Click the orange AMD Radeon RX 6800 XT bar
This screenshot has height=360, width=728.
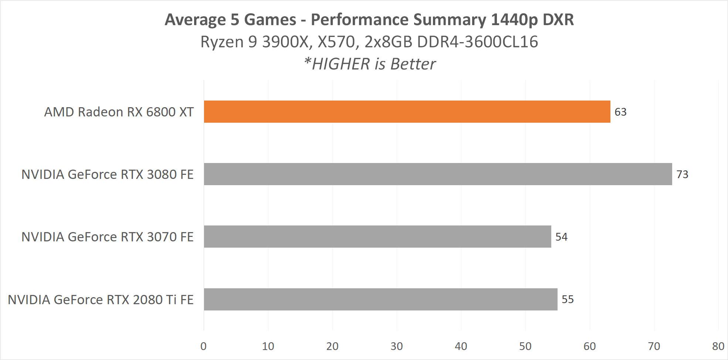[407, 112]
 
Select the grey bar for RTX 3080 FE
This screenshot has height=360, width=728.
[438, 174]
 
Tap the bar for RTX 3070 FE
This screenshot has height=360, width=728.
[377, 237]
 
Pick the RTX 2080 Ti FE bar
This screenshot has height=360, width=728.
[380, 299]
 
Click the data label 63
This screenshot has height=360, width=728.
[620, 112]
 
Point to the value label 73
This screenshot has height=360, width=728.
[682, 174]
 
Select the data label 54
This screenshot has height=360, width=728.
[561, 237]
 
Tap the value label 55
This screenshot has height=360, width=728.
[568, 299]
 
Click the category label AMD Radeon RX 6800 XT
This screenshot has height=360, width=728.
[119, 112]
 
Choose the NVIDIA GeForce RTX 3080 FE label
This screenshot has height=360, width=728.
[107, 174]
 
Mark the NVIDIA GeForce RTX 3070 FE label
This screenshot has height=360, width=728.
[107, 237]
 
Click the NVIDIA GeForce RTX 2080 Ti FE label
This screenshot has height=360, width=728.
[101, 300]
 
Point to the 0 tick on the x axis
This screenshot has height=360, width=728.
[203, 346]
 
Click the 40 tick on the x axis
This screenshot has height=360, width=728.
[461, 346]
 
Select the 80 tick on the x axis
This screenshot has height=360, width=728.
[718, 346]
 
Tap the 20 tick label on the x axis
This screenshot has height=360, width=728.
[332, 346]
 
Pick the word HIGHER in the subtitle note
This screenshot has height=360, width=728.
[340, 64]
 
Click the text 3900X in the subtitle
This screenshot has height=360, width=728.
[285, 42]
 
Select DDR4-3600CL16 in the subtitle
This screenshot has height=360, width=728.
[477, 42]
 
